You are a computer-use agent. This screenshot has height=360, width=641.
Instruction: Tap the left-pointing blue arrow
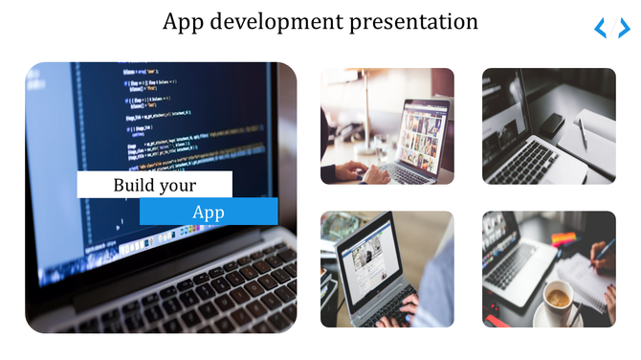click(601, 29)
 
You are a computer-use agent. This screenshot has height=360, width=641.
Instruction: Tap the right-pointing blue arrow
click(624, 29)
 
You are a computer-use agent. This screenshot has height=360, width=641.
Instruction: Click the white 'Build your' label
click(154, 185)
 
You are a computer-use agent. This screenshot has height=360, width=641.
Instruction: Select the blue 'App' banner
click(209, 212)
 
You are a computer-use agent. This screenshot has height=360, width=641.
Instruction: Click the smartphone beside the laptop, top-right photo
click(552, 124)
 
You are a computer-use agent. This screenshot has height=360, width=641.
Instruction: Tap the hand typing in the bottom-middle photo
click(402, 312)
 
